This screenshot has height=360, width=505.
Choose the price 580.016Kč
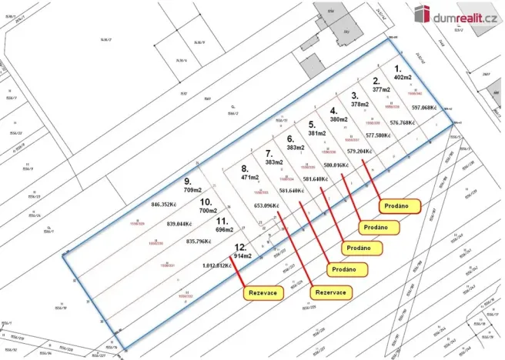(339, 165)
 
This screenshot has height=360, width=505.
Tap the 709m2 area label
(192, 191)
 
